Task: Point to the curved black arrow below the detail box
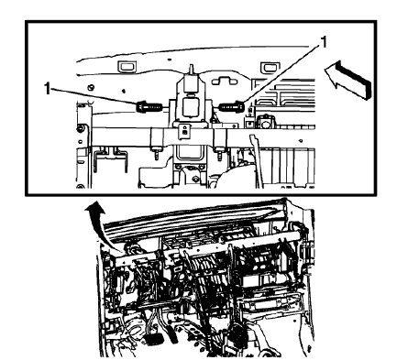pos(94,220)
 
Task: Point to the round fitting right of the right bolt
pos(267,120)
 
